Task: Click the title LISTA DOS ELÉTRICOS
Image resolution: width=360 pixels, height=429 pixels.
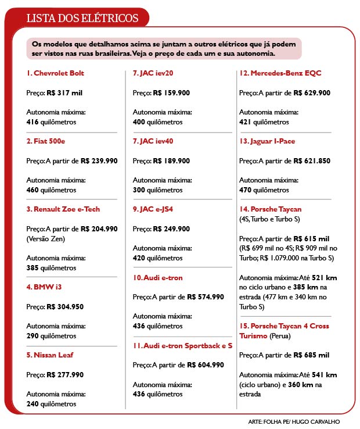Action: [82, 18]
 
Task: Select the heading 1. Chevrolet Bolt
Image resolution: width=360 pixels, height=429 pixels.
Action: [55, 73]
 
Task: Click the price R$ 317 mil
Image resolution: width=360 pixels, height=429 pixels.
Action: [65, 92]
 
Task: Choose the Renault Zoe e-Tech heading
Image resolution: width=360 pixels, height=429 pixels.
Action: [64, 209]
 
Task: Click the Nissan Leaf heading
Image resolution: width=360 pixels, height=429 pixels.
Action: [50, 355]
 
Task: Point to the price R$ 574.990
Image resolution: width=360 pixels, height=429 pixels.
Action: [205, 296]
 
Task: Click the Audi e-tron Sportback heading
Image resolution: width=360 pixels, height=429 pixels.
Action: [182, 345]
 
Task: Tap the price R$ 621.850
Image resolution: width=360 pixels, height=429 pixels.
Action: [312, 160]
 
